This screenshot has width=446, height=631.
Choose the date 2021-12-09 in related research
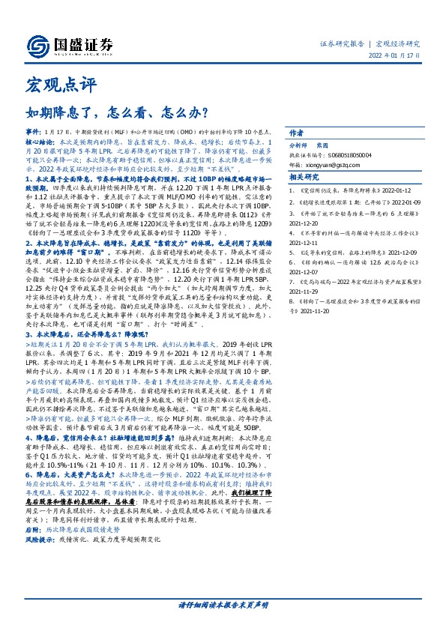pyautogui.click(x=397, y=253)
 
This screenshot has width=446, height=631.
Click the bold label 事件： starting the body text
pyautogui.click(x=34, y=131)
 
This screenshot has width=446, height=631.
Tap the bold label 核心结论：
pyautogui.click(x=40, y=140)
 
